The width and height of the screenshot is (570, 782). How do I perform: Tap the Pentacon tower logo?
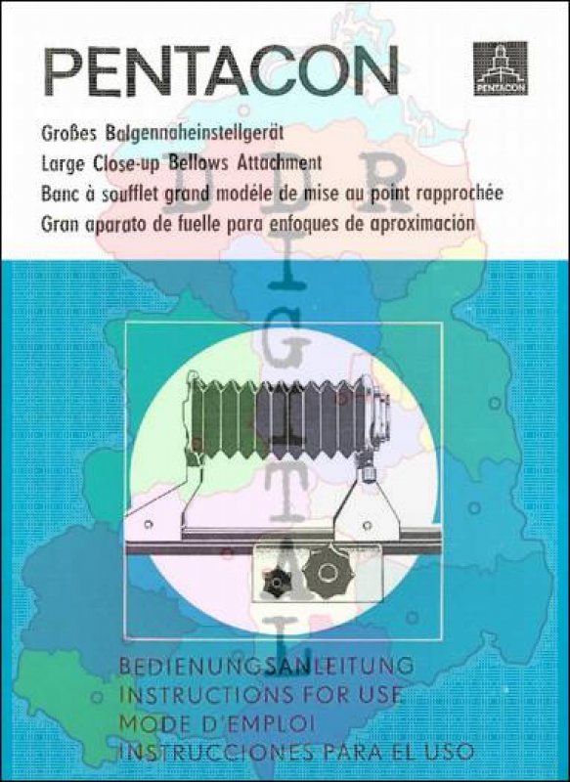(501, 67)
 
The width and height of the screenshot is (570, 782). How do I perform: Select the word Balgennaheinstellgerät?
(195, 134)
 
